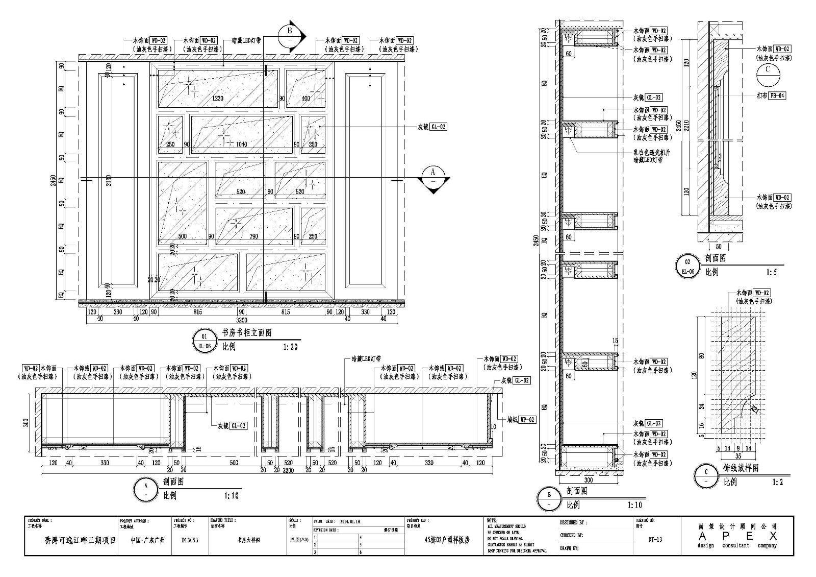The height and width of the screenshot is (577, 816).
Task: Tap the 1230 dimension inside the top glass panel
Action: [x=218, y=99]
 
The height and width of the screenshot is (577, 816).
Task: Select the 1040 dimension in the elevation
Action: [x=241, y=145]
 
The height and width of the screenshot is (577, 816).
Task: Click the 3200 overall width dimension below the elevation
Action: [x=241, y=320]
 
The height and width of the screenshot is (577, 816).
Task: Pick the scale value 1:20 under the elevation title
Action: [x=289, y=347]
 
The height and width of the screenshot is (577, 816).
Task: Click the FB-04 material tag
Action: [x=777, y=95]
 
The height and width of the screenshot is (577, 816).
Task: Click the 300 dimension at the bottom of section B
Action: [x=589, y=480]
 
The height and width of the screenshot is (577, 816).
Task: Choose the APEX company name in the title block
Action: [x=737, y=536]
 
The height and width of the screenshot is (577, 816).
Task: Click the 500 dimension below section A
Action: [x=233, y=463]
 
